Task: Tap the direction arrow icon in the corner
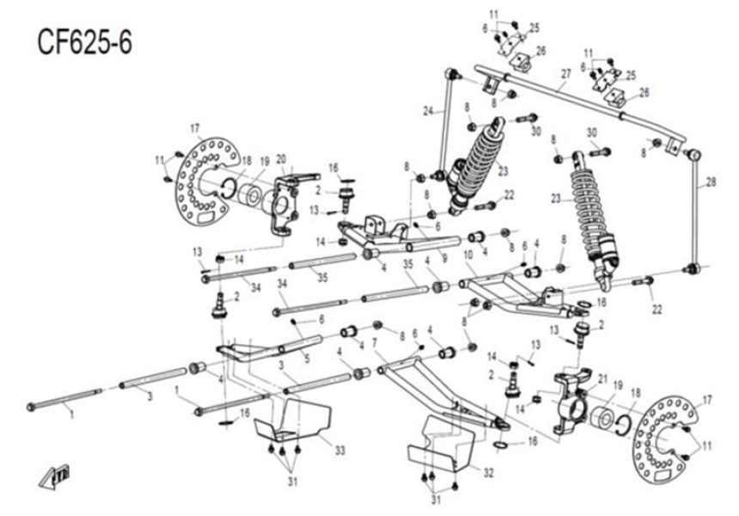tap(58, 474)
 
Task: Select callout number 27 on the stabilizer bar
tap(565, 76)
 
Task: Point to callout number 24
tap(428, 110)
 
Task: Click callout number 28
tap(711, 182)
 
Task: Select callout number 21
tap(602, 379)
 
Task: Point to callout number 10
tap(468, 256)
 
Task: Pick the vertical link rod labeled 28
tap(694, 215)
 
